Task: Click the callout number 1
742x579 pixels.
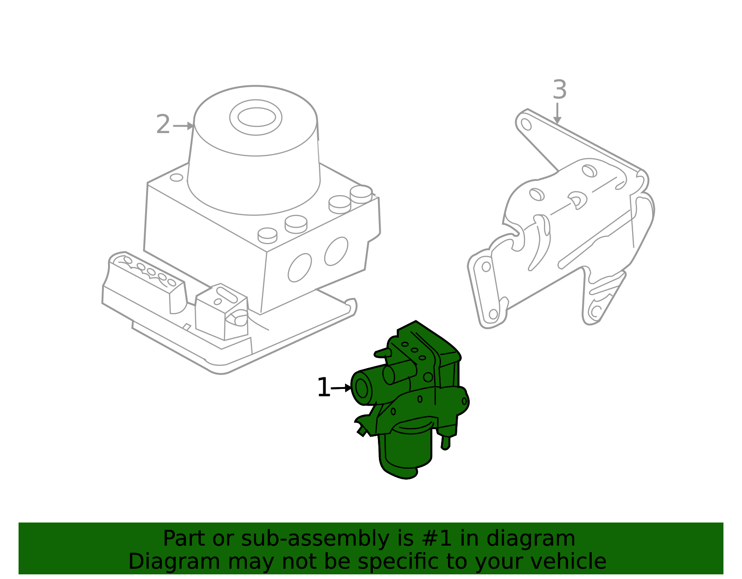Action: (x=323, y=388)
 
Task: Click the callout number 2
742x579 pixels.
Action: (x=163, y=125)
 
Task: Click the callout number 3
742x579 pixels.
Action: (x=559, y=90)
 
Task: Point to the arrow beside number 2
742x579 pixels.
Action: (x=184, y=126)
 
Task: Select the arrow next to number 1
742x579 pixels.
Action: (x=342, y=388)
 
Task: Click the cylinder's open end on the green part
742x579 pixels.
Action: (x=361, y=388)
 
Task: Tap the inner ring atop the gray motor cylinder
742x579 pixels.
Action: (x=256, y=117)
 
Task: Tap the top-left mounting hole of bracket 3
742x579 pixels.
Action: (x=526, y=124)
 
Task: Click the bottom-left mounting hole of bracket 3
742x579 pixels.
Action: (x=493, y=314)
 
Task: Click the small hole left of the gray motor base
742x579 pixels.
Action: (x=176, y=178)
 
